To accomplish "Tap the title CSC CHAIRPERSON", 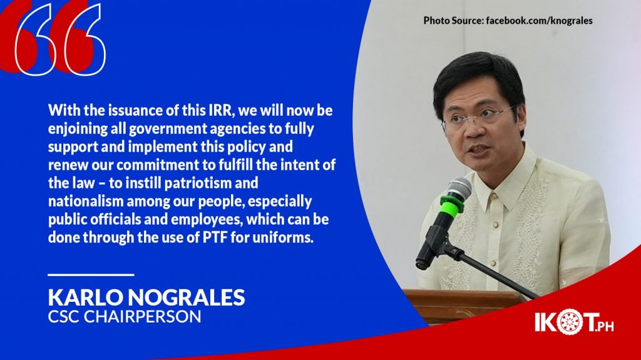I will [x=125, y=317].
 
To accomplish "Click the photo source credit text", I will [x=508, y=21].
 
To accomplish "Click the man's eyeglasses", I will [x=479, y=117].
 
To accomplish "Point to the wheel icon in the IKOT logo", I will [x=568, y=322].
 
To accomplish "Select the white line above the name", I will [x=91, y=274].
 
